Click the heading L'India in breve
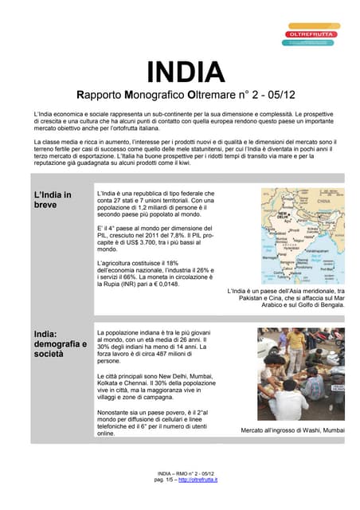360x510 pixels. [52, 199]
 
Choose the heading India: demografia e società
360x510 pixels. [60, 343]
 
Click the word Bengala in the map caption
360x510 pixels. [330, 304]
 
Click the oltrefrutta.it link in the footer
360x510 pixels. [198, 480]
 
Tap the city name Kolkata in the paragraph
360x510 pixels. [110, 405]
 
